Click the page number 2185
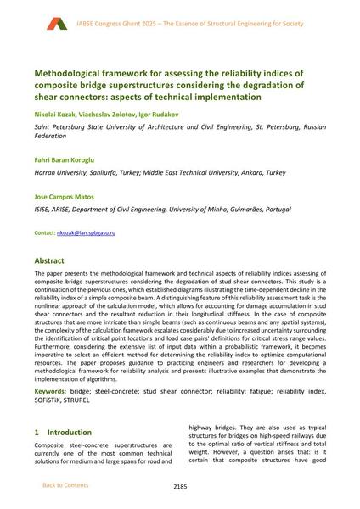[x=180, y=486]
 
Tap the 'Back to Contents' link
[x=65, y=485]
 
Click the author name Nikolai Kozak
[x=55, y=114]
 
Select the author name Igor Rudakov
[x=159, y=114]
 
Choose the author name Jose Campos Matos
[x=67, y=196]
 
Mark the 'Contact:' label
[x=44, y=232]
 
